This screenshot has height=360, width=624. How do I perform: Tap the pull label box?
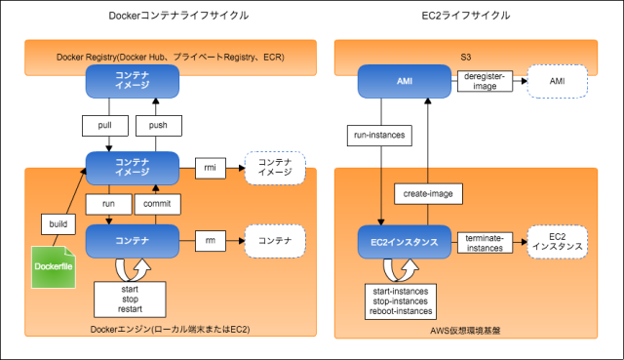98,127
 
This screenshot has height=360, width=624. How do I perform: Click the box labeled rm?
211,239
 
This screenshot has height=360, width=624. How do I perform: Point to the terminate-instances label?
485,242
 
